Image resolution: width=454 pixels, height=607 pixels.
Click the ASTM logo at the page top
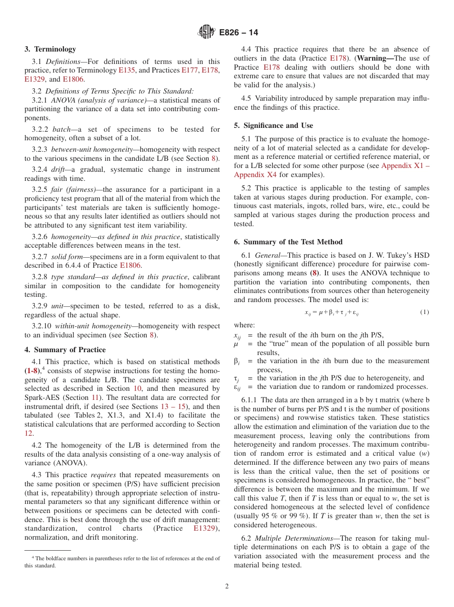point(207,32)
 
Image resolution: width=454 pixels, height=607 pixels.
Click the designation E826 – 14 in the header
point(238,32)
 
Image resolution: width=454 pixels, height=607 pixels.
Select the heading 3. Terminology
point(50,49)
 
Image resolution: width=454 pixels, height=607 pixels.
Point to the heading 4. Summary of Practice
point(65,350)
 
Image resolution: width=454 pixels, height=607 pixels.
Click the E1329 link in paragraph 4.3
point(206,528)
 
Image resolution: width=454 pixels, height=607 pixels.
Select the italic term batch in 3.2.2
point(61,129)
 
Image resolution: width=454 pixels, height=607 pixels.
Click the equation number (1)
point(424,312)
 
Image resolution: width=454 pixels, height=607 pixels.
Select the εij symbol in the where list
point(238,387)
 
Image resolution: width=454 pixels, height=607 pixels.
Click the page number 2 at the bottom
point(227,586)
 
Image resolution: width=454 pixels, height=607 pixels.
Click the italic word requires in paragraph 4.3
point(104,475)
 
